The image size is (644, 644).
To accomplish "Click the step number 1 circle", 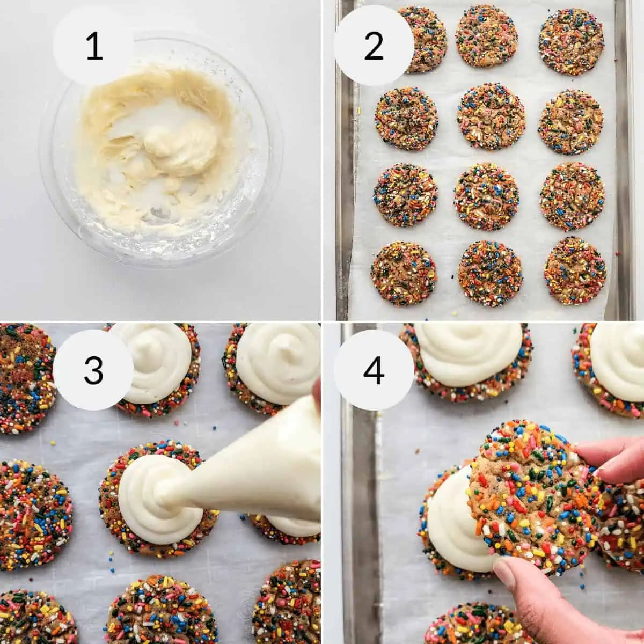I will (94, 46).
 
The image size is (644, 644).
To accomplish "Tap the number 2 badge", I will (374, 46).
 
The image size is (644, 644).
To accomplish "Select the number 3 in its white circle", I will (94, 370).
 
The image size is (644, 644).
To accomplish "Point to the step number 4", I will (374, 370).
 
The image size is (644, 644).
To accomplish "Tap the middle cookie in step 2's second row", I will (491, 116).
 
